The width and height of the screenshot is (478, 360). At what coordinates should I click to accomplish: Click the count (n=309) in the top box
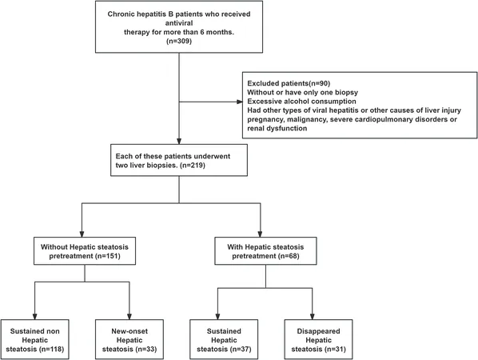click(179, 41)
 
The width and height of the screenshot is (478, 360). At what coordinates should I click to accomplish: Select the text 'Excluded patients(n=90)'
click(289, 83)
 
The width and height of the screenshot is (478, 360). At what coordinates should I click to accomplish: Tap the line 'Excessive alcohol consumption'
click(301, 102)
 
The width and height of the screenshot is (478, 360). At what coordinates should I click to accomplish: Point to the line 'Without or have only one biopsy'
click(302, 92)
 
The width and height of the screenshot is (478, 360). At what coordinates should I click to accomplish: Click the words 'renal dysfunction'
click(277, 128)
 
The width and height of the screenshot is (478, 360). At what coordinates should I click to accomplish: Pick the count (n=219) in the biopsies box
click(193, 166)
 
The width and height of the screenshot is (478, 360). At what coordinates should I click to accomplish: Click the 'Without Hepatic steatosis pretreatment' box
click(85, 251)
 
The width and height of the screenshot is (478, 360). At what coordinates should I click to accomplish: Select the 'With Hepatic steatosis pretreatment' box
click(265, 251)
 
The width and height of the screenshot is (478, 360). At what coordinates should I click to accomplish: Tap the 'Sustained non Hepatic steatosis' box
click(35, 339)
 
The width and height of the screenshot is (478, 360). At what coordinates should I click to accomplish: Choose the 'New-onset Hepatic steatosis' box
click(129, 339)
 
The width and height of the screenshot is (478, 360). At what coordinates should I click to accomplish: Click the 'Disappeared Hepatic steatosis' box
click(319, 339)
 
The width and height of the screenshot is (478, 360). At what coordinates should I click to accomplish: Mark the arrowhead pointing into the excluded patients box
click(240, 102)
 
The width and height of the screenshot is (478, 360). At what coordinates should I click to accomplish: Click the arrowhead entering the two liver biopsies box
click(179, 142)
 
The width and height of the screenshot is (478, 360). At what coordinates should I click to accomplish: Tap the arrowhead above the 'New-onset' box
click(129, 316)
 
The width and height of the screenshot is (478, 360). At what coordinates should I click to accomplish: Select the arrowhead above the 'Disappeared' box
click(313, 316)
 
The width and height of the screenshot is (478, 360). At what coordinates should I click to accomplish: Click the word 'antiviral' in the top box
click(179, 23)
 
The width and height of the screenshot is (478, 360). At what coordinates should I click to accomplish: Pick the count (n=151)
click(108, 256)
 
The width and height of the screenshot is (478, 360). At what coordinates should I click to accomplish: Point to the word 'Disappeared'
click(319, 331)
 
